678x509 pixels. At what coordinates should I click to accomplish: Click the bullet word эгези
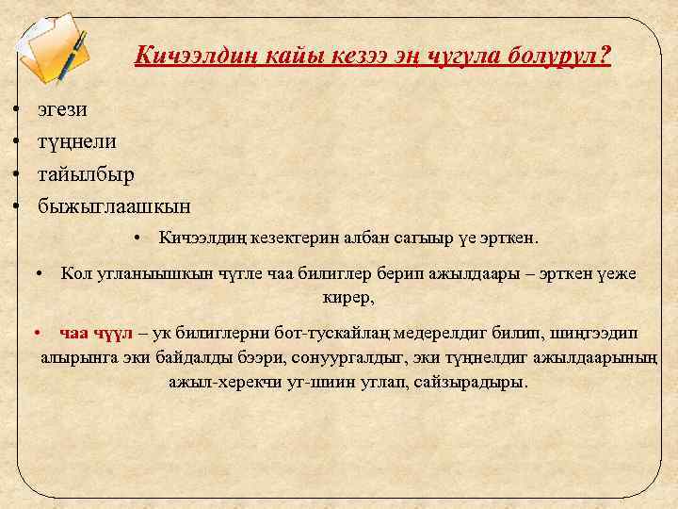pyautogui.click(x=62, y=109)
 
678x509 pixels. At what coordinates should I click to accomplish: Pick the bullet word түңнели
pyautogui.click(x=76, y=141)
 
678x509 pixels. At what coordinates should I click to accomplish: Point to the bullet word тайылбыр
pyautogui.click(x=86, y=173)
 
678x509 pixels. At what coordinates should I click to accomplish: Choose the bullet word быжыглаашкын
pyautogui.click(x=114, y=205)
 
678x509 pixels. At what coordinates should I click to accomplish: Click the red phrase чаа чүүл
pyautogui.click(x=93, y=333)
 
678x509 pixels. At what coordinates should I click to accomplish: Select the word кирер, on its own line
pyautogui.click(x=347, y=298)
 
